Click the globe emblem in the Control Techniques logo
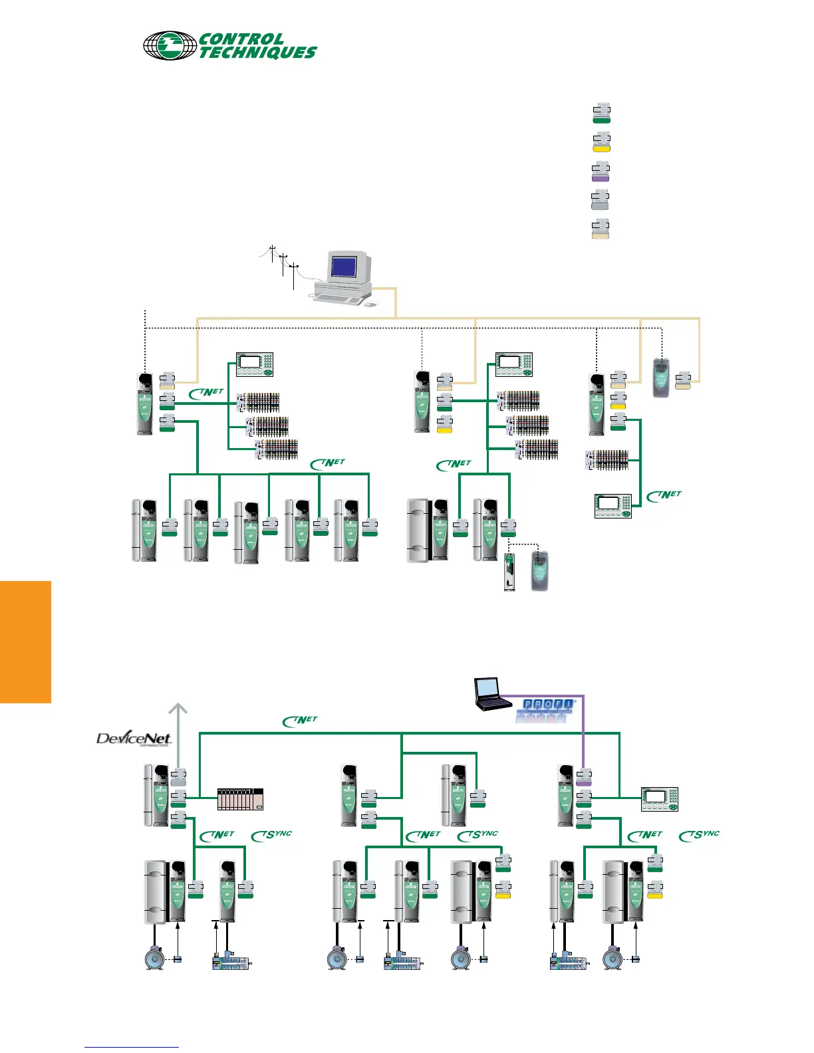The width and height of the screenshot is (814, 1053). coord(169,45)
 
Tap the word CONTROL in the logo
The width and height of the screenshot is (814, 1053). coord(242,39)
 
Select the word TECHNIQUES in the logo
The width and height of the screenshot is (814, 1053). coord(258,53)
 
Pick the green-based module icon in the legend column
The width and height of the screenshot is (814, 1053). coord(601,113)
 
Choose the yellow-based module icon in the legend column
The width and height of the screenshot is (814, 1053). coord(601,142)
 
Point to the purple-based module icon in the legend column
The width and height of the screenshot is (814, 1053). coord(601,172)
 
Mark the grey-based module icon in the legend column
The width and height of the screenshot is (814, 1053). coord(601,200)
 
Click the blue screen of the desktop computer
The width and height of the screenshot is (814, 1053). coord(344,267)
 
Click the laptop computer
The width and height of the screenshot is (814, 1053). coord(487,693)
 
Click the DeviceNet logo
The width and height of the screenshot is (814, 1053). coord(134,739)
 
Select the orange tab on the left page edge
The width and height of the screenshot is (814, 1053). coord(25,642)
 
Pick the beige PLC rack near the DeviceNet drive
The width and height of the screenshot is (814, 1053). coord(241,799)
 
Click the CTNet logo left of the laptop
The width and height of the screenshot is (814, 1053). coord(301,721)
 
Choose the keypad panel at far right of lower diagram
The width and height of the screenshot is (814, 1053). coord(660,798)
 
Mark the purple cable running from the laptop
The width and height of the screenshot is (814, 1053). coord(583,731)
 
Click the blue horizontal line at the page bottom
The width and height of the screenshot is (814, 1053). coord(132,1047)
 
